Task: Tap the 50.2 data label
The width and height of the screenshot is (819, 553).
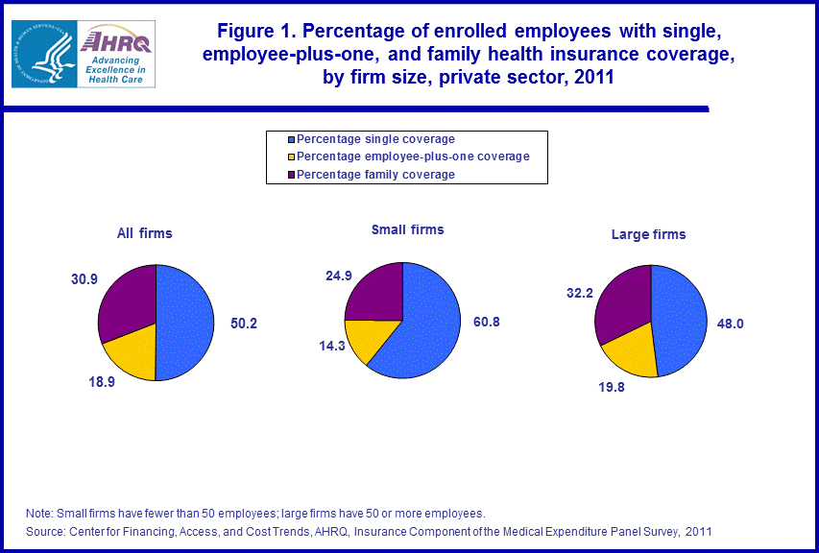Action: pos(243,324)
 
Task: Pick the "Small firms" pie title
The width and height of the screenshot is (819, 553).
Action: pos(407,230)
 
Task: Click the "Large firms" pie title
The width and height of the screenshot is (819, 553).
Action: pos(649,234)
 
